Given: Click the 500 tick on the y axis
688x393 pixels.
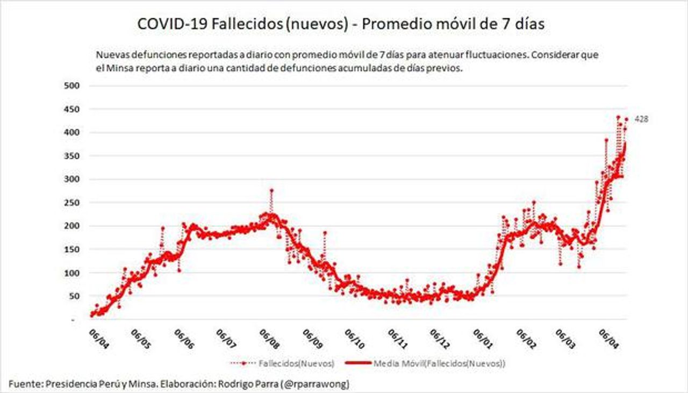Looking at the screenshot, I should [72, 85].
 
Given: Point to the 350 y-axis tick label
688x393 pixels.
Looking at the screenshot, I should [72, 156].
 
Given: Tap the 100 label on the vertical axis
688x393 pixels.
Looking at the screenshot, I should [72, 273].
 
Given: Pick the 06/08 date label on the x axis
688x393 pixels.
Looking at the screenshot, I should [269, 339].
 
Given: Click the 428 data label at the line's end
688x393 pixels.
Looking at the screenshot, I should [641, 119].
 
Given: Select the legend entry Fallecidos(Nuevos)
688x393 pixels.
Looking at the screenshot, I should [296, 364].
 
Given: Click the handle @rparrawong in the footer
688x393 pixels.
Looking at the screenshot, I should [320, 384].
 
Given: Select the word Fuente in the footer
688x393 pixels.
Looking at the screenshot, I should [25, 384].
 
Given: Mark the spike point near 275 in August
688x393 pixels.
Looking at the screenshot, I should [271, 190].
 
